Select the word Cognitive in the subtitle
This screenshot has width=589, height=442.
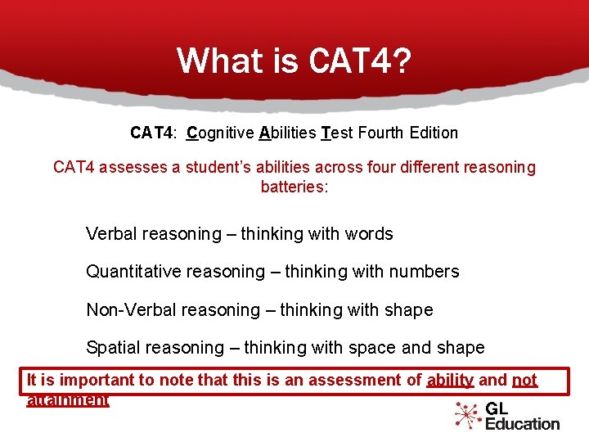(x=220, y=133)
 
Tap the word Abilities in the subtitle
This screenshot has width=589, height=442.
(x=287, y=133)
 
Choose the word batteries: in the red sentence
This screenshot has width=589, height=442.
(x=294, y=187)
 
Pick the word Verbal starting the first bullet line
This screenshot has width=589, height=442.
(x=111, y=234)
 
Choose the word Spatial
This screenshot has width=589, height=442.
(x=112, y=348)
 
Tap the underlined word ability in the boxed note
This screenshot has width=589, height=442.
(x=450, y=380)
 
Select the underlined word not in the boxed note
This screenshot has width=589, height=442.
(x=524, y=380)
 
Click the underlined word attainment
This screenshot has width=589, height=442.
(x=67, y=400)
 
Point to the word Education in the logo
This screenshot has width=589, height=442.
(x=522, y=424)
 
